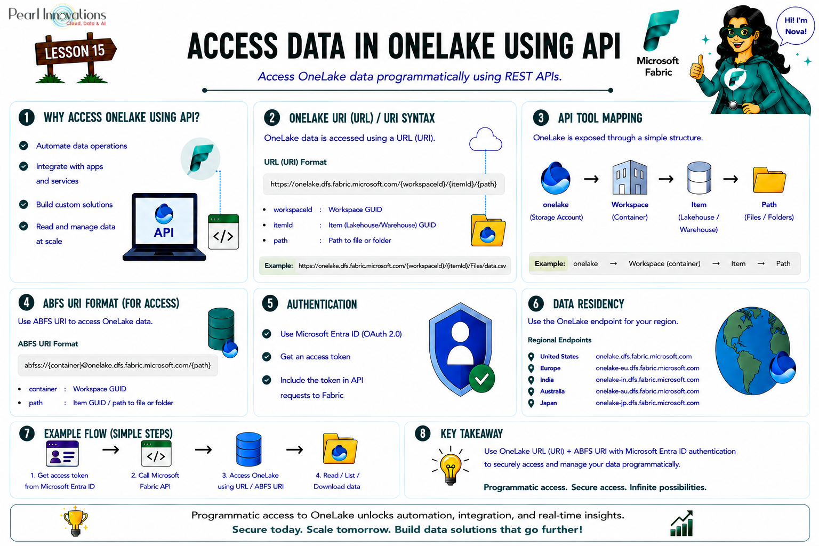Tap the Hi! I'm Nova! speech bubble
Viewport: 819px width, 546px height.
[795, 26]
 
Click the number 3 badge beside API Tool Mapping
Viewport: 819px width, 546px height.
[541, 118]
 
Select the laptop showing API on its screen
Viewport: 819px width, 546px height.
[164, 227]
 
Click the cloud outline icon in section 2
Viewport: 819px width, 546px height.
[486, 139]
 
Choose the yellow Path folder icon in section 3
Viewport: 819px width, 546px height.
[769, 180]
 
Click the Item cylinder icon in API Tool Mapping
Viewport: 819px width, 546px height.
[699, 178]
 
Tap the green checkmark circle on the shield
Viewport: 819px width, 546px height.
[481, 379]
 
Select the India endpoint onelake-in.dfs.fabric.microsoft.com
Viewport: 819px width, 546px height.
[647, 380]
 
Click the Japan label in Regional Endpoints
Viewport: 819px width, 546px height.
[549, 403]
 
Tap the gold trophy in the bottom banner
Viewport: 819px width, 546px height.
[75, 521]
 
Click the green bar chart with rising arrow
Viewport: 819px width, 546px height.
[681, 524]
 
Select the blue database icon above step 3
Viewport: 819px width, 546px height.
[248, 449]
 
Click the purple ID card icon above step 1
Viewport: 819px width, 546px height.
[62, 453]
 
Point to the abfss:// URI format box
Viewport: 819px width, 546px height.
[118, 365]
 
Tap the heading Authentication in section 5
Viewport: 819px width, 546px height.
[322, 304]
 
